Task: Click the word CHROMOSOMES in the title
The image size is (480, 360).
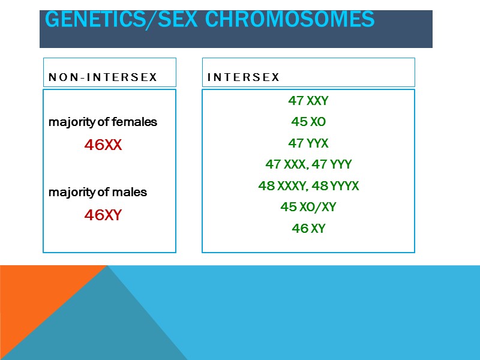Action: (x=290, y=19)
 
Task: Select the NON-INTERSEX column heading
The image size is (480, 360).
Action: (x=103, y=77)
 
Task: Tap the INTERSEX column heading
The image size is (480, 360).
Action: (x=244, y=77)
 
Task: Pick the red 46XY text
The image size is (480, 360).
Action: (x=103, y=215)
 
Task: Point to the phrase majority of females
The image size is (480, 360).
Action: (x=103, y=122)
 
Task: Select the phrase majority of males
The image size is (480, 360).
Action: (x=98, y=193)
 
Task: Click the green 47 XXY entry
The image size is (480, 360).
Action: (x=308, y=101)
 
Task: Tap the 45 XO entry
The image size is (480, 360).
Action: (x=308, y=122)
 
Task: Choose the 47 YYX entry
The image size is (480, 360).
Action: (x=308, y=143)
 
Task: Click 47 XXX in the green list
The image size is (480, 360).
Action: (x=284, y=164)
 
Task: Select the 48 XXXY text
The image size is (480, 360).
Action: (x=281, y=186)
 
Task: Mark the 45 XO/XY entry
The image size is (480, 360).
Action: (x=308, y=207)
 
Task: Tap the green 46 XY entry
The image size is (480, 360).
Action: (x=308, y=229)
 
